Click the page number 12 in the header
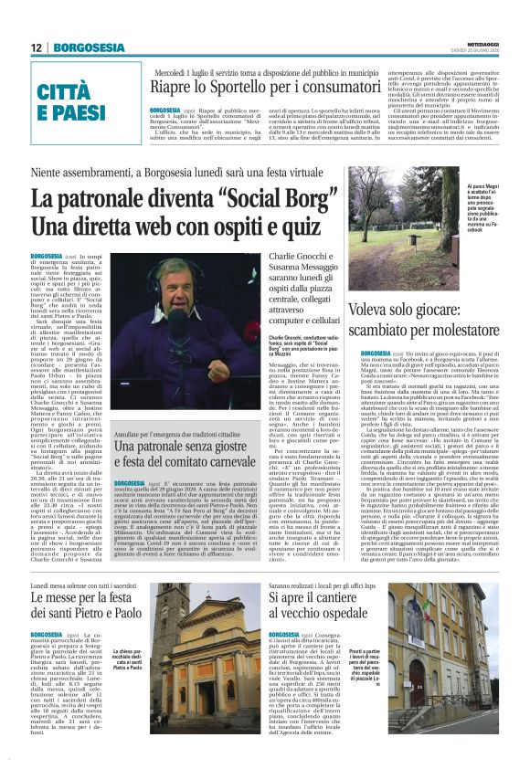pyautogui.click(x=38, y=47)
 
